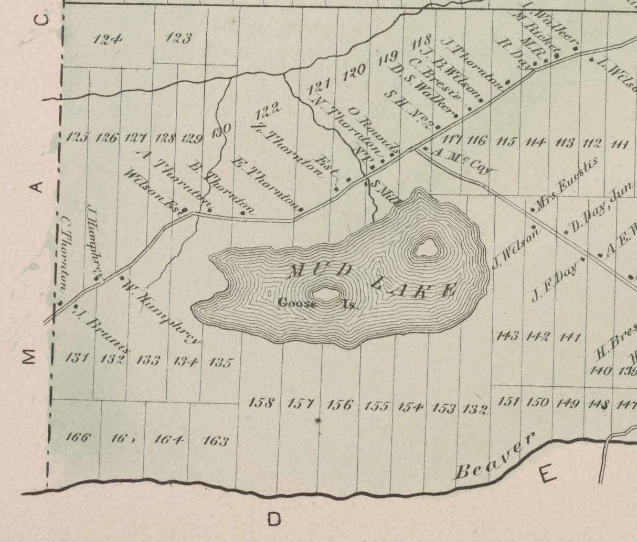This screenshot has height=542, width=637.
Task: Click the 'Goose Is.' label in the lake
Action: tap(317, 303)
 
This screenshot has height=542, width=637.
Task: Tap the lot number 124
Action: tap(107, 39)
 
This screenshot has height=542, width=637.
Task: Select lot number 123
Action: tap(178, 38)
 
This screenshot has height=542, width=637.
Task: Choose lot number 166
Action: tap(78, 437)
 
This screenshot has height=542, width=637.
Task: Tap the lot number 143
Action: tap(507, 335)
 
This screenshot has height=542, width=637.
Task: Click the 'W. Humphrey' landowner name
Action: tap(161, 312)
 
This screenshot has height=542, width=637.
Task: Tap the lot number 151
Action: tap(508, 402)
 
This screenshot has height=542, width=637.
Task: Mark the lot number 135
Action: tap(220, 362)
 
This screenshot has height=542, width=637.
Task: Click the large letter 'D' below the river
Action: tap(274, 519)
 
